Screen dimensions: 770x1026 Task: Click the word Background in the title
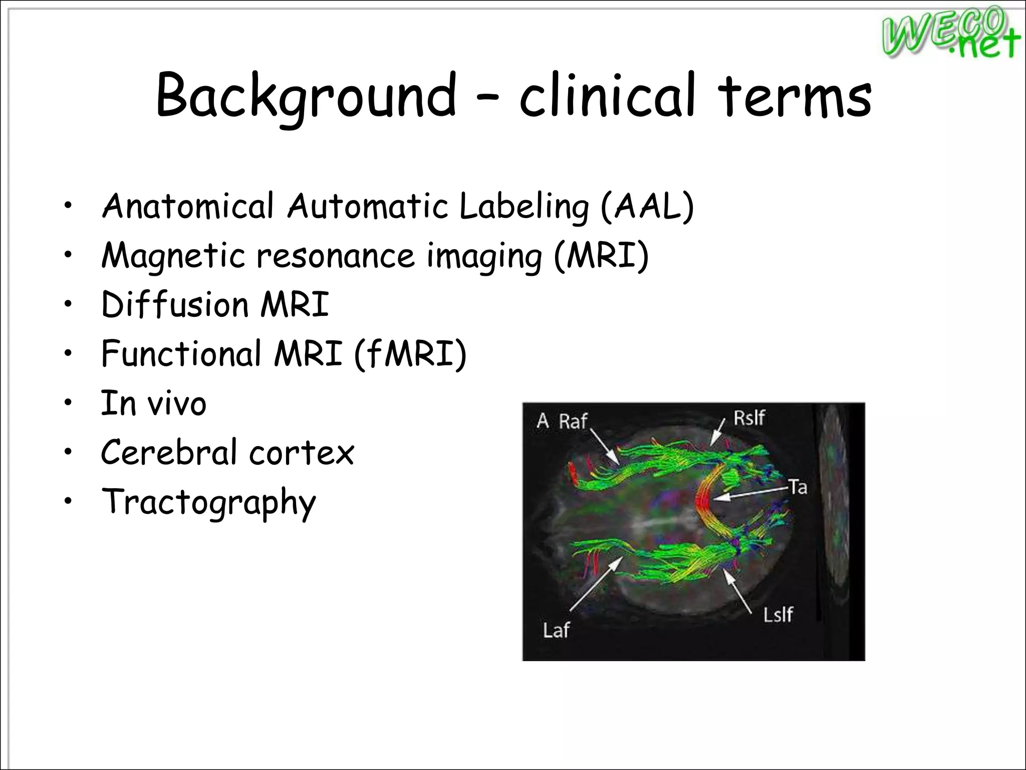306,95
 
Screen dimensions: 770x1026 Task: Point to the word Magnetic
173,256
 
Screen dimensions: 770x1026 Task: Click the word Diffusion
174,304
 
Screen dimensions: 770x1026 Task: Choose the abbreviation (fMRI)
410,353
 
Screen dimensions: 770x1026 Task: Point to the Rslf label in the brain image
749,418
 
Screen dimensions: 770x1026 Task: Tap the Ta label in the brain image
798,486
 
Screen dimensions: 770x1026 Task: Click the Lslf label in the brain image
778,614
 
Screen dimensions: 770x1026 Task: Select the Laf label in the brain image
556,630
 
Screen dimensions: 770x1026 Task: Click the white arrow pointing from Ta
749,493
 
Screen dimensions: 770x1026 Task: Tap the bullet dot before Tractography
68,502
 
